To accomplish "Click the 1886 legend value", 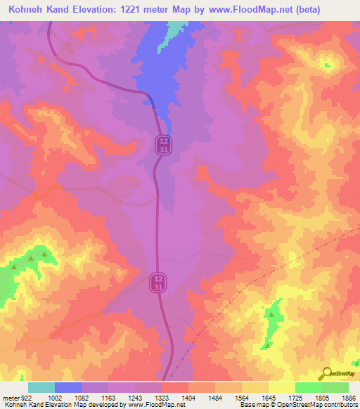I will click(349, 398).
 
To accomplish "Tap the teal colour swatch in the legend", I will click(41, 387).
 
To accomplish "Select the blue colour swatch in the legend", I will click(68, 387).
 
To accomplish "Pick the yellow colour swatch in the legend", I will click(282, 387).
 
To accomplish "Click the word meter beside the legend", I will click(9, 398).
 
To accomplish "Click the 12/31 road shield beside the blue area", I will click(162, 145).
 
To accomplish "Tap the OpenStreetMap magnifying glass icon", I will click(327, 373).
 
